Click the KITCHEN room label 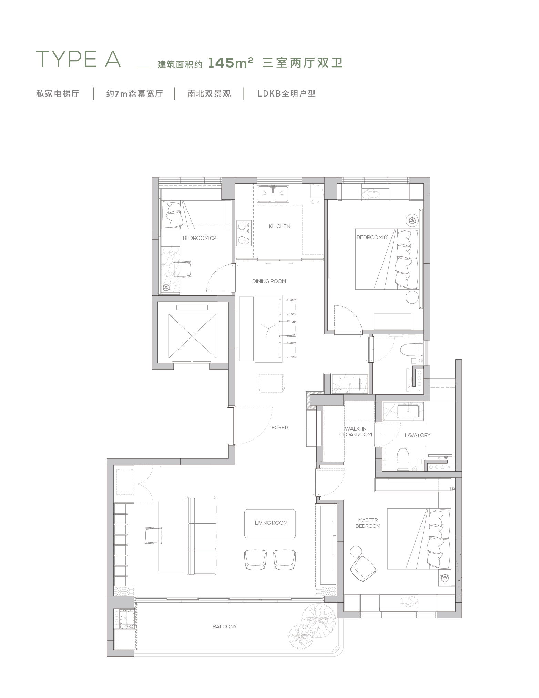coord(279,226)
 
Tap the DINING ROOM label coord(269,281)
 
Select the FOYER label coord(279,427)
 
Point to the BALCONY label coord(225,626)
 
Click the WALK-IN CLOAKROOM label coord(356,432)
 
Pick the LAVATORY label coord(417,435)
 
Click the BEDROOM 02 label coord(200,238)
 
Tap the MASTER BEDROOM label coord(368,523)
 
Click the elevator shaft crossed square coord(192,336)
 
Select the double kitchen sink coord(273,193)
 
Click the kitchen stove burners coord(244,233)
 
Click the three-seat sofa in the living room coord(202,536)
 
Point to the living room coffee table coord(270,524)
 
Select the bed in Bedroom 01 coord(387,259)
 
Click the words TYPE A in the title coord(79,59)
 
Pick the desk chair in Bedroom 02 coord(183,269)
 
